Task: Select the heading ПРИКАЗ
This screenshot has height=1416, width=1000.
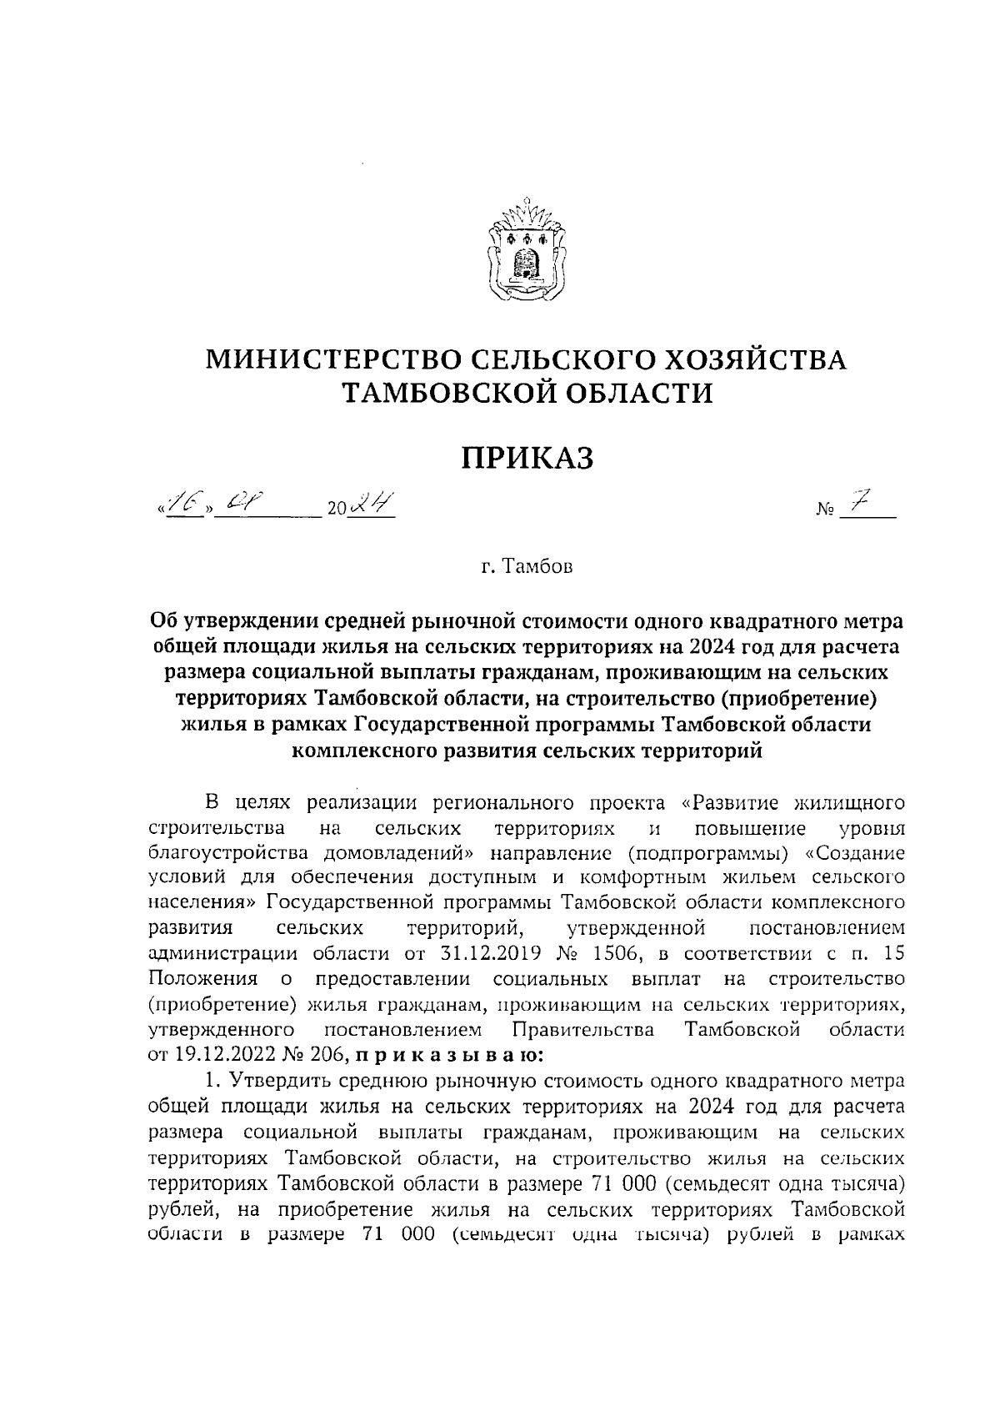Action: (527, 457)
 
